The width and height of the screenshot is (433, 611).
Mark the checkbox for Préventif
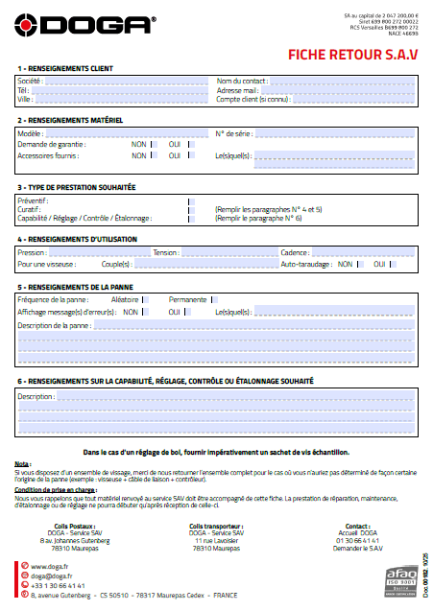191,199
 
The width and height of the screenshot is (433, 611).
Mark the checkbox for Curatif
191,208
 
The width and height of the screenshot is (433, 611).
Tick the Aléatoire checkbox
146,300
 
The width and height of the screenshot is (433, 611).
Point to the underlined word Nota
22,462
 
